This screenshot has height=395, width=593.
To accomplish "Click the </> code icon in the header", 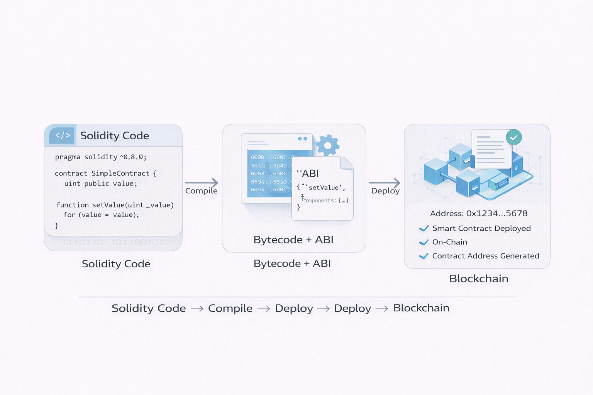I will point(62,135).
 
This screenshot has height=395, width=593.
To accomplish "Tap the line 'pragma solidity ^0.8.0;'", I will point(101,157).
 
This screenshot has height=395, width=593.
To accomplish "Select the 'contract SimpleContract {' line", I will point(105,174).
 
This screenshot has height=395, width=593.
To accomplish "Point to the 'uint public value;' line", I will point(101,184).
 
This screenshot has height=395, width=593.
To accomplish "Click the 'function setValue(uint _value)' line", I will point(115,205).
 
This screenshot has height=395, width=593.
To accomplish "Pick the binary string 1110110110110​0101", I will point(112,243).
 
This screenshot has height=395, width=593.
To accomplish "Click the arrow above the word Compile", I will point(202,182).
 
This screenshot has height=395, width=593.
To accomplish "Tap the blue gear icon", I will point(328,145).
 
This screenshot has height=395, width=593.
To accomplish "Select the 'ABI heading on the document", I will point(308,174).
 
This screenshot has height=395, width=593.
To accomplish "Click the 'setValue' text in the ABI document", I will point(324,188).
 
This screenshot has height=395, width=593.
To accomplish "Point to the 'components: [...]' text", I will point(326,201).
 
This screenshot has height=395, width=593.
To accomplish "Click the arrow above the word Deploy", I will point(385,182).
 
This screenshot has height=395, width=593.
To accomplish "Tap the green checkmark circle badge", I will point(514,137).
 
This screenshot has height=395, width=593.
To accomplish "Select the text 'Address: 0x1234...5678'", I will point(479,213).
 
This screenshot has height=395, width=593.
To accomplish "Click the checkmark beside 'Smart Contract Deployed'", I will point(424,228).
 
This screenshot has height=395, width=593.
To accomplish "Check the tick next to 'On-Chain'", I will point(424,242).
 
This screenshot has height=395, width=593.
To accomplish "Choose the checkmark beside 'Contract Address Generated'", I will point(424,256).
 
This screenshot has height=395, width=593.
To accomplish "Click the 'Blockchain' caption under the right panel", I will point(479,279).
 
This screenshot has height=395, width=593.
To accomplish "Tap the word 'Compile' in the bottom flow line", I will point(230,308).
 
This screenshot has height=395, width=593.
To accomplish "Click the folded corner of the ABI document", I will point(346,163).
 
